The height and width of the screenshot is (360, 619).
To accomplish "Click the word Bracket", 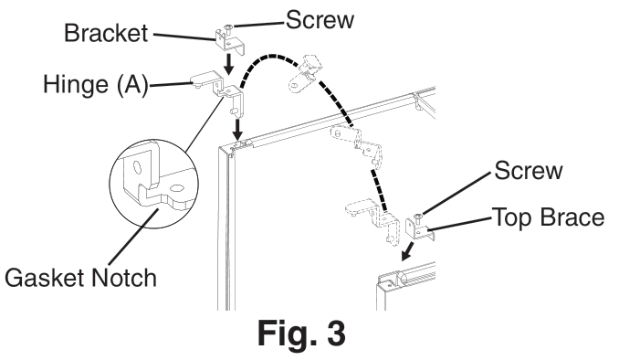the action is (x=106, y=33).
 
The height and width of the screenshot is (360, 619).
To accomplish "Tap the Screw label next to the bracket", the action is (x=320, y=20).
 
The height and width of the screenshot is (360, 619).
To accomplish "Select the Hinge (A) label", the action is (x=96, y=85).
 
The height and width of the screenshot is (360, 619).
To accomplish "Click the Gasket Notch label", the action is (x=80, y=278).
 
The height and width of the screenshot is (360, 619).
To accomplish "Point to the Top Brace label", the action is (x=549, y=217).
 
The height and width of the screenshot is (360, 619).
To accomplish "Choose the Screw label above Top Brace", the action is (x=529, y=170).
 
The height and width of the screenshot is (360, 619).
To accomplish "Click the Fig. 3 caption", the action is (x=301, y=333).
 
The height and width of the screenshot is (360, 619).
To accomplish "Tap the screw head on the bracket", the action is (x=228, y=27).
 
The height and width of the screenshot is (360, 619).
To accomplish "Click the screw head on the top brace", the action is (x=417, y=217).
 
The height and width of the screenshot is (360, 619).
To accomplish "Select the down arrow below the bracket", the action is (x=227, y=63).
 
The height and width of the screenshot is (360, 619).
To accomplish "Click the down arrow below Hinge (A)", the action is (x=237, y=129).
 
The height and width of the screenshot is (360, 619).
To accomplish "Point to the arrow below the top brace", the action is (x=408, y=251).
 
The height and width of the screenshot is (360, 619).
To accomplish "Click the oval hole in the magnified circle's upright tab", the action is (x=137, y=167).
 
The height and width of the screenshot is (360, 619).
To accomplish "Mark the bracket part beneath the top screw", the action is (x=230, y=42).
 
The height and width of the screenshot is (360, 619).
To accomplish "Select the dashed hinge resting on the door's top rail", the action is (x=357, y=143).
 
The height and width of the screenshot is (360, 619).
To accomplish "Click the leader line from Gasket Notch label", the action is (x=134, y=237).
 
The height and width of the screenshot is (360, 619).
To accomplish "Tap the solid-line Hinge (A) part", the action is (x=218, y=90).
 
